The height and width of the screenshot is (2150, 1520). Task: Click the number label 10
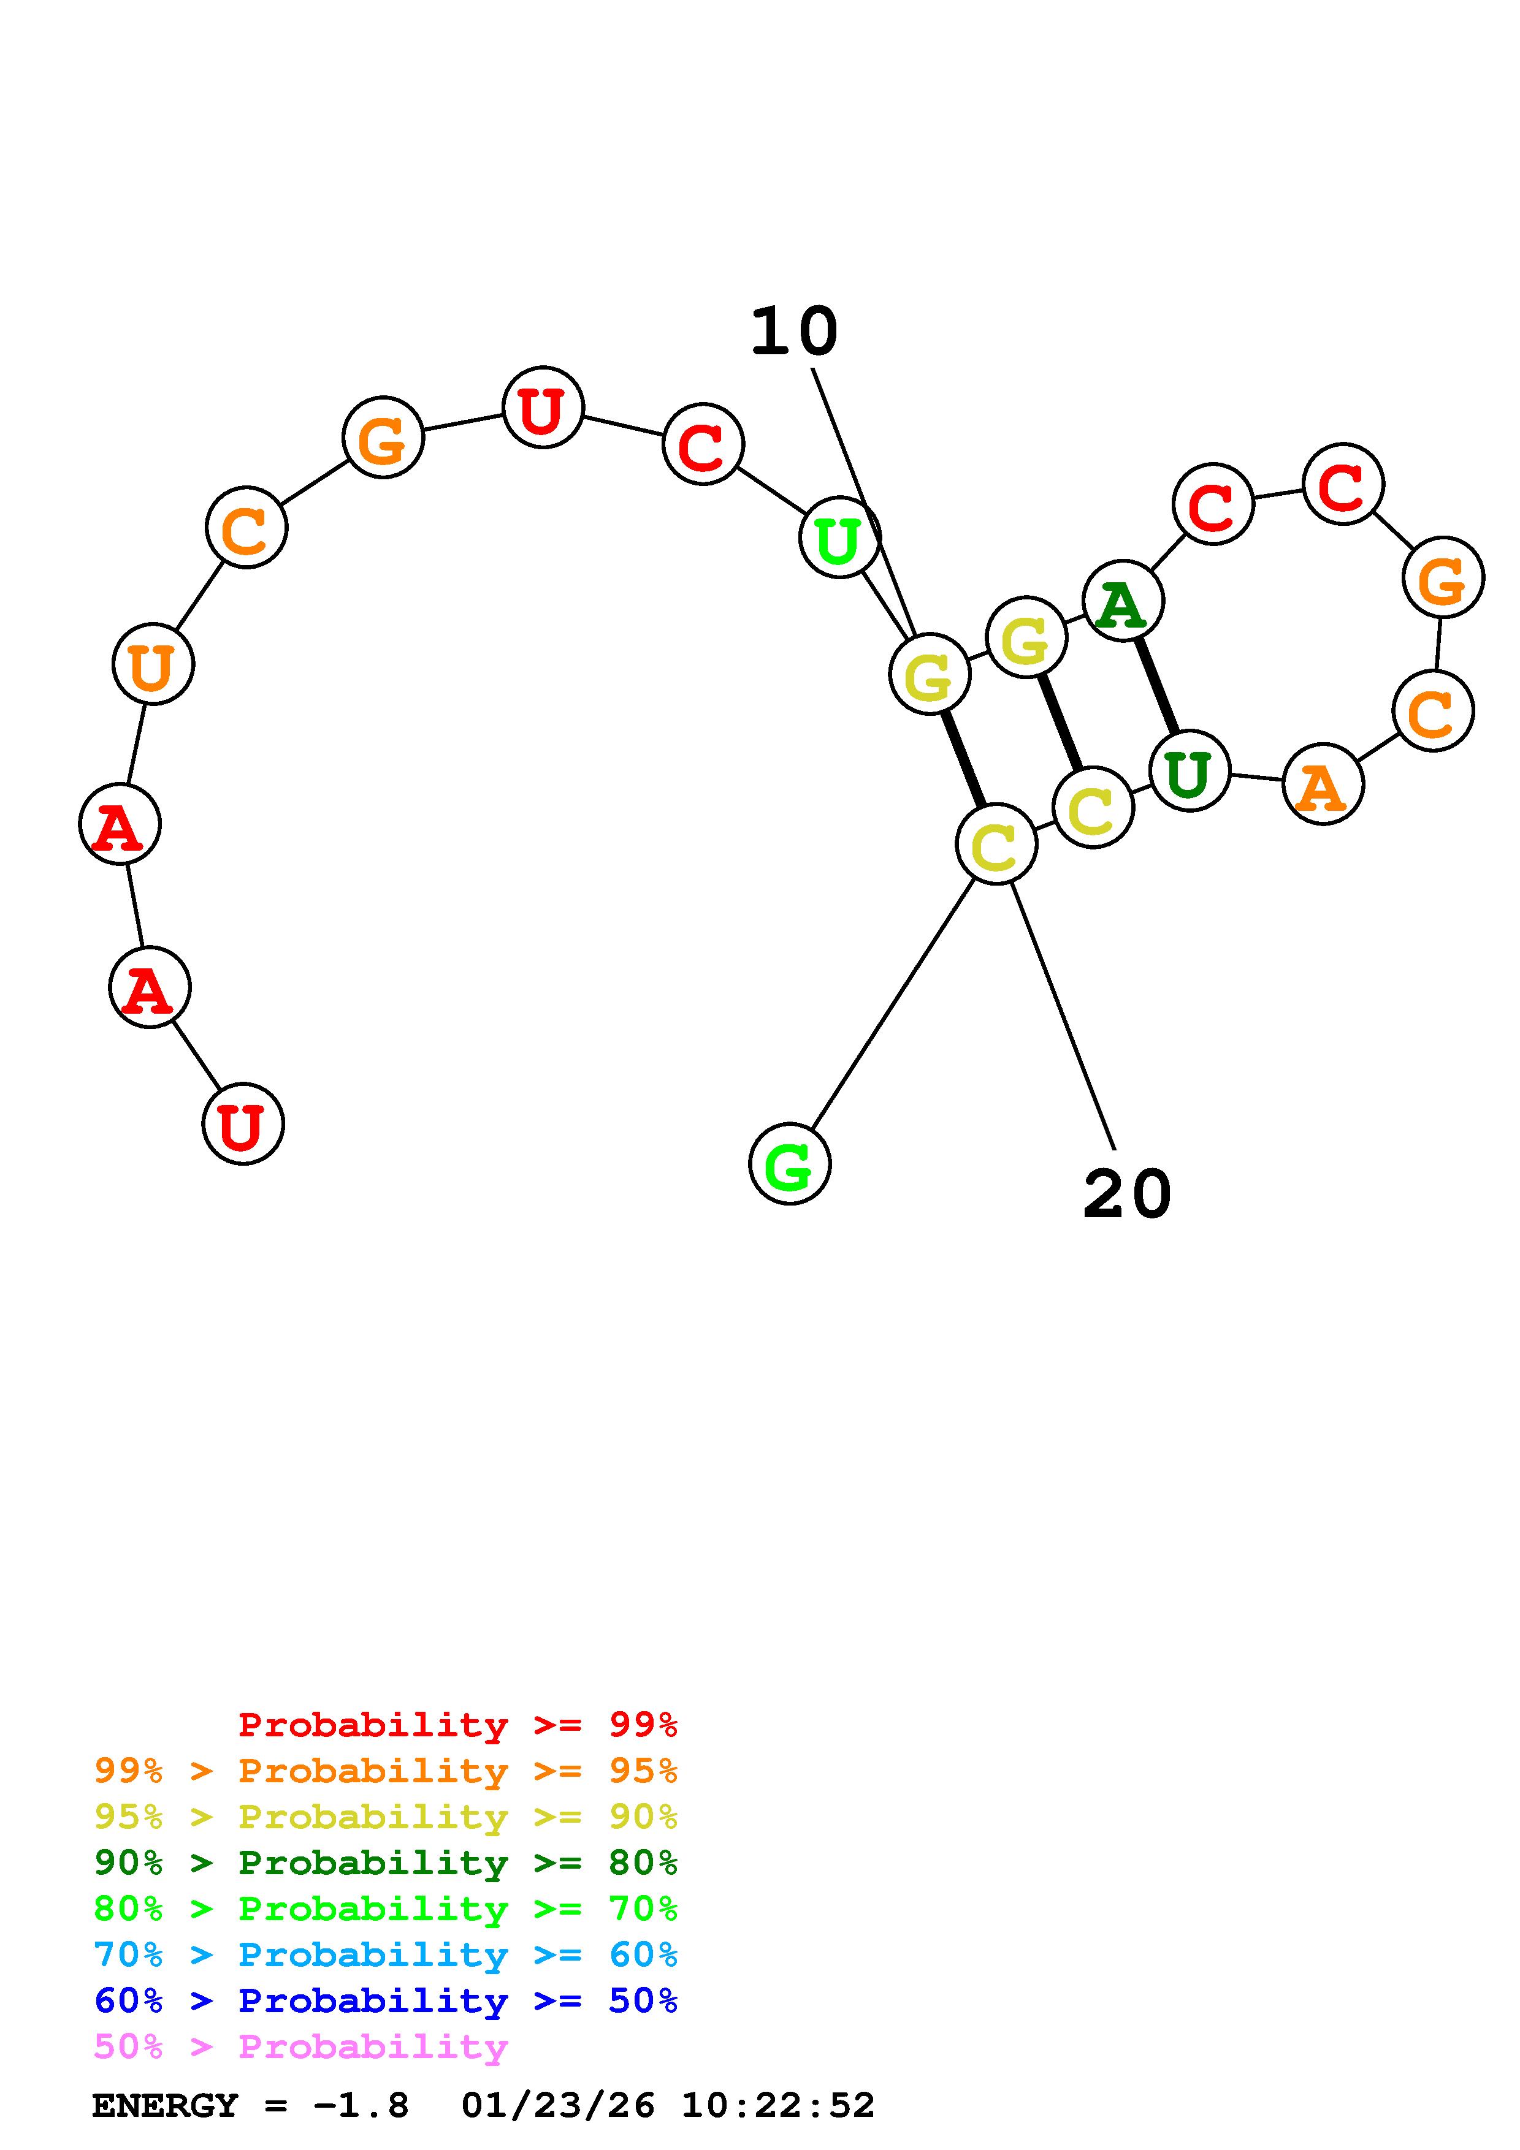[793, 332]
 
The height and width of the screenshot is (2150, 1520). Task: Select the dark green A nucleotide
[1122, 601]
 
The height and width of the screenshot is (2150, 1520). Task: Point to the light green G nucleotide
[790, 1164]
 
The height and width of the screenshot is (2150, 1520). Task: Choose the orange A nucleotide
[1323, 784]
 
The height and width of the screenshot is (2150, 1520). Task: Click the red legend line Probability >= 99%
[457, 1724]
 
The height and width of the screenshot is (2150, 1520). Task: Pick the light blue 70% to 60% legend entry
[385, 1954]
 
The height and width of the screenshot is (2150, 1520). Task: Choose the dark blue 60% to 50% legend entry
[385, 2000]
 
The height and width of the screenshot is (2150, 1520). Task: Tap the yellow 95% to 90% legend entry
[385, 1817]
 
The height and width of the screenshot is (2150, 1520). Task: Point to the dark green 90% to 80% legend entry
[385, 1863]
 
